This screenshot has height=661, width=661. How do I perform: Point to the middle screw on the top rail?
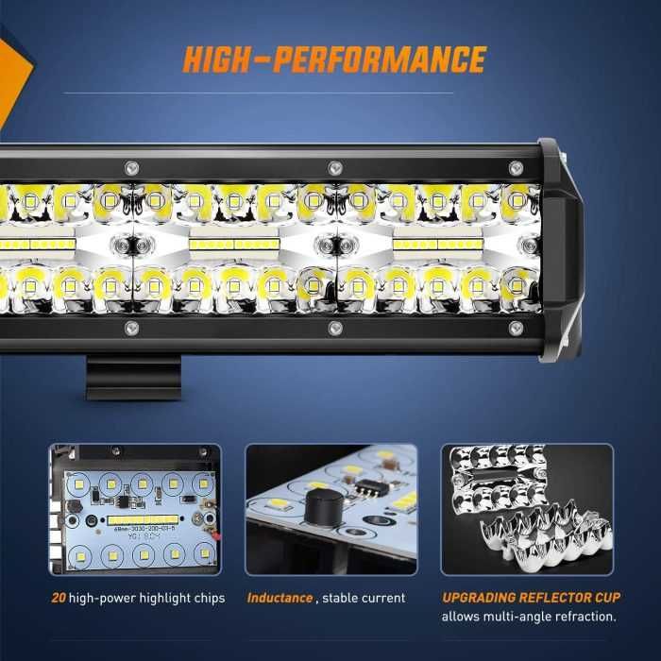pos(334,168)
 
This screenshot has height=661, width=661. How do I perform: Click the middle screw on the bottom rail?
pos(334,328)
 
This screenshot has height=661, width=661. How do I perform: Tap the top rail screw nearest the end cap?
pos(516,168)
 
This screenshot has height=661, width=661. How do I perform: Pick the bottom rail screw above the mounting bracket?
pos(131,328)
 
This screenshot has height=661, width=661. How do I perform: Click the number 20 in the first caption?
pos(59,598)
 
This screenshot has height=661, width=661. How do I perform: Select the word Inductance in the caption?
pos(280,598)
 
